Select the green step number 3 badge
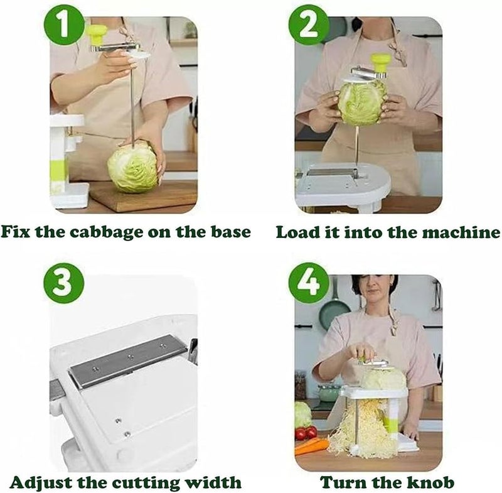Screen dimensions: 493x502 [64, 284]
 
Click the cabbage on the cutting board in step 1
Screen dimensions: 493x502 [132, 167]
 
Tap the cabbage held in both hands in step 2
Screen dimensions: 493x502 [361, 103]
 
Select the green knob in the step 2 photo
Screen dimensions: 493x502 [380, 62]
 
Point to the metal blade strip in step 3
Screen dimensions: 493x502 [128, 360]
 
